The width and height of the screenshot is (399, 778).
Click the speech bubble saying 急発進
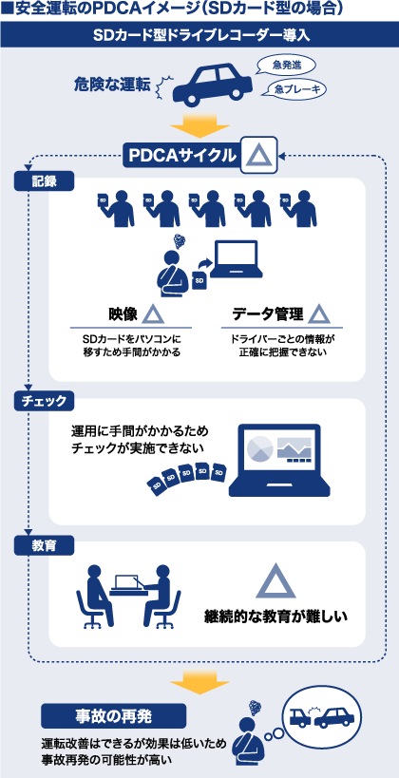pyautogui.click(x=284, y=65)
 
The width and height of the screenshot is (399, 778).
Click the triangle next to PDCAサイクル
pyautogui.click(x=258, y=156)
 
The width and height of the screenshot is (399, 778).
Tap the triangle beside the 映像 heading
pyautogui.click(x=153, y=314)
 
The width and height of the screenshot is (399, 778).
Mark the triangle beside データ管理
pyautogui.click(x=319, y=314)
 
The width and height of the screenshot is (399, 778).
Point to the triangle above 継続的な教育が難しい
pyautogui.click(x=275, y=581)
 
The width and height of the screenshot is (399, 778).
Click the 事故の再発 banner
pyautogui.click(x=114, y=716)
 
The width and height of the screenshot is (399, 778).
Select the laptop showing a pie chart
pyautogui.click(x=279, y=460)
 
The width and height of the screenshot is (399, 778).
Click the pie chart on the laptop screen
pyautogui.click(x=260, y=448)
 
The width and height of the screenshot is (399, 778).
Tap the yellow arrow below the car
pyautogui.click(x=199, y=126)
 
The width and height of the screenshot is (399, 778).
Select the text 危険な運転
pyautogui.click(x=112, y=85)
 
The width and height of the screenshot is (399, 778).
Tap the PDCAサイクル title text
pyautogui.click(x=182, y=156)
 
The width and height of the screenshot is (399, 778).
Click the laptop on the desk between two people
pyautogui.click(x=128, y=583)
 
